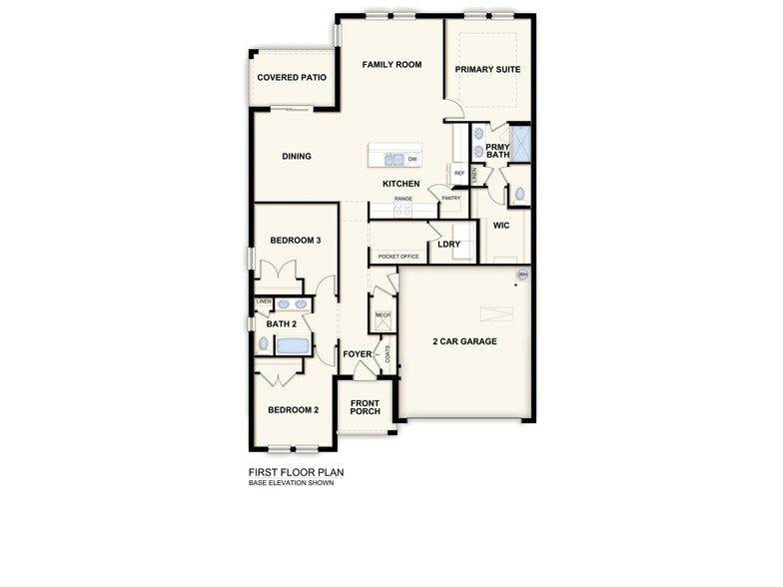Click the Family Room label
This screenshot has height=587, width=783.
pyautogui.click(x=391, y=65)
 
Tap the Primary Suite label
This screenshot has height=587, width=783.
pyautogui.click(x=487, y=70)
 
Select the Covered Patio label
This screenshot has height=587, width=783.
pyautogui.click(x=292, y=78)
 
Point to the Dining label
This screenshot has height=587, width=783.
pyautogui.click(x=297, y=157)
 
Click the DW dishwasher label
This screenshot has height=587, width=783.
pyautogui.click(x=412, y=159)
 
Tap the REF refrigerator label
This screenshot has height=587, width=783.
pyautogui.click(x=459, y=174)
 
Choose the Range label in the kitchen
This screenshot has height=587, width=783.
pyautogui.click(x=403, y=199)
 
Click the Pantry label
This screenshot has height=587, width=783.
pyautogui.click(x=450, y=198)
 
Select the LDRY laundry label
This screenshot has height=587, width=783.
pyautogui.click(x=449, y=244)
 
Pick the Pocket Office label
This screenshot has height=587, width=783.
pyautogui.click(x=398, y=257)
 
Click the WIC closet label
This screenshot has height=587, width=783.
pyautogui.click(x=501, y=226)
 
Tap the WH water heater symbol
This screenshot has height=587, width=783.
pyautogui.click(x=522, y=275)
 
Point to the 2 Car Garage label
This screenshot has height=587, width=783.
pyautogui.click(x=464, y=341)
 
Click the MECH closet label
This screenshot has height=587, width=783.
pyautogui.click(x=383, y=316)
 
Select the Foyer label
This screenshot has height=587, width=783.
pyautogui.click(x=357, y=354)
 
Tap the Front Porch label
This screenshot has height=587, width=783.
pyautogui.click(x=365, y=407)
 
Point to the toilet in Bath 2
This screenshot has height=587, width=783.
pyautogui.click(x=264, y=344)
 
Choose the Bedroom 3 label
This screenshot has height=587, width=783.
pyautogui.click(x=296, y=241)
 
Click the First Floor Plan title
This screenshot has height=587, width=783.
pyautogui.click(x=297, y=473)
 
